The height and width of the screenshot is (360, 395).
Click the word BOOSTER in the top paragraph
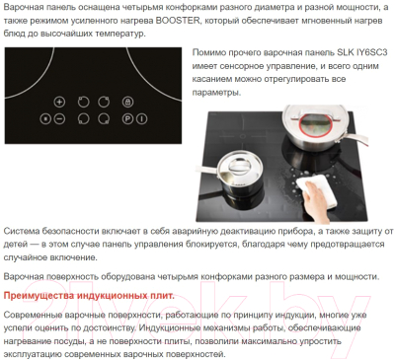(x=178, y=21)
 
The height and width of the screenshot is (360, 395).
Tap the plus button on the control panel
(x=59, y=102)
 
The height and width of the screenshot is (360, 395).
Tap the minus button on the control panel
(x=59, y=118)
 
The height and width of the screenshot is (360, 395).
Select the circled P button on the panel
(x=127, y=118)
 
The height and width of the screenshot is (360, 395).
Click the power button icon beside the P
(x=141, y=118)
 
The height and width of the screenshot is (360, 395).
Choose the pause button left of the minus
(x=45, y=118)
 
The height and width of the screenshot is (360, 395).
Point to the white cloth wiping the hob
(x=316, y=190)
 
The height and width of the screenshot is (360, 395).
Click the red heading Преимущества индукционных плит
(x=89, y=295)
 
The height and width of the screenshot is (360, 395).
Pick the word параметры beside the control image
(x=216, y=93)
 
